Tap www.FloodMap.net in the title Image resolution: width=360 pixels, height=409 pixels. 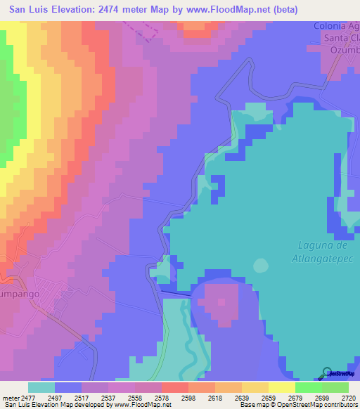(234, 10)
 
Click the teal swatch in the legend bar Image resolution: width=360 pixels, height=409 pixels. (41, 387)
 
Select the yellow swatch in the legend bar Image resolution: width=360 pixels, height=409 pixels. (281, 387)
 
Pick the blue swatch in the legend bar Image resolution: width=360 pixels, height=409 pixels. (68, 387)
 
